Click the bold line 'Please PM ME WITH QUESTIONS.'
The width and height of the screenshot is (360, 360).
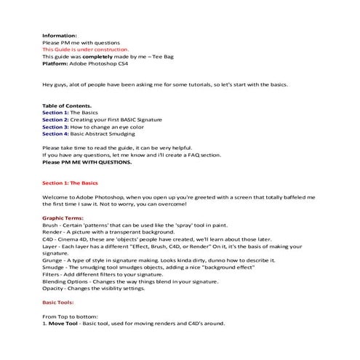tap(87, 162)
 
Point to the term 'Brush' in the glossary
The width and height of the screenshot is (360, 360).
tap(51, 225)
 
